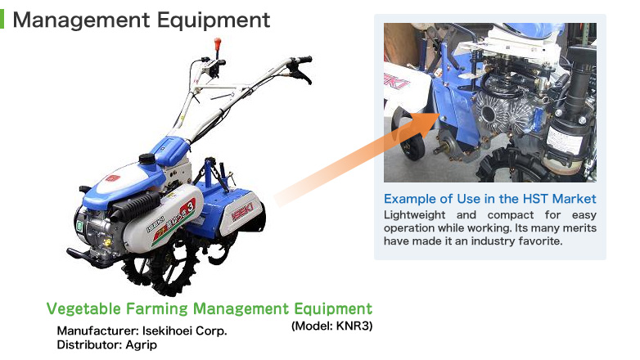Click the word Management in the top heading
pos(82,20)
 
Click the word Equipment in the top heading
pos(214,20)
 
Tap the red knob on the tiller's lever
pos(218,43)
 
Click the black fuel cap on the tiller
pos(148,159)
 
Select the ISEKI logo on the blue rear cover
pos(242,211)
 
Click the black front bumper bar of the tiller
pos(87,257)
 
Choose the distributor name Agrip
pos(141,345)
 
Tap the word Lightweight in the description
pos(414,215)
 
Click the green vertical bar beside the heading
pos(2,19)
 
